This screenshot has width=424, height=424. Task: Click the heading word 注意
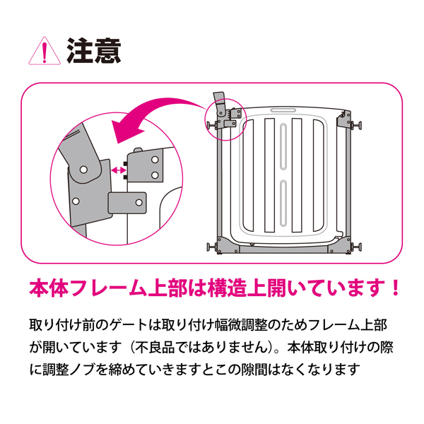tap(94, 51)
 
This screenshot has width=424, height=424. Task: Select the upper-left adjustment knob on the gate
tap(211, 126)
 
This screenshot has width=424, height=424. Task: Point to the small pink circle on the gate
tap(227, 113)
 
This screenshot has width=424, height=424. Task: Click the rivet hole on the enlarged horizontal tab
tap(138, 204)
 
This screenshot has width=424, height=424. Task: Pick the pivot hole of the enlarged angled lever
tap(84, 170)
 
